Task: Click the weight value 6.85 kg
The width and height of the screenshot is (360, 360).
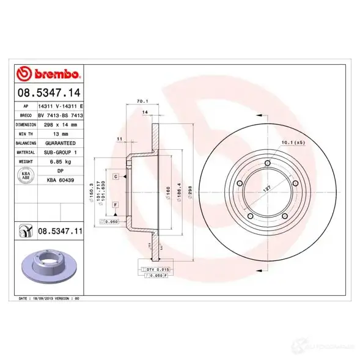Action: pos(60,161)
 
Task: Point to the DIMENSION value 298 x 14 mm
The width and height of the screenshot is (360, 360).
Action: pos(60,123)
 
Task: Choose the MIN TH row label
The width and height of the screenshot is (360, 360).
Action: pos(25,133)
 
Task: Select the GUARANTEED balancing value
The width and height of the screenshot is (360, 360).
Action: pos(60,142)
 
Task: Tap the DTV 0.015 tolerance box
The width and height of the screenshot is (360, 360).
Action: pos(158,269)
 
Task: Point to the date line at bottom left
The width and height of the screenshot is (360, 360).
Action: pos(50,298)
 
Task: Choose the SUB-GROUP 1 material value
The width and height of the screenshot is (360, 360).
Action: pos(60,152)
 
